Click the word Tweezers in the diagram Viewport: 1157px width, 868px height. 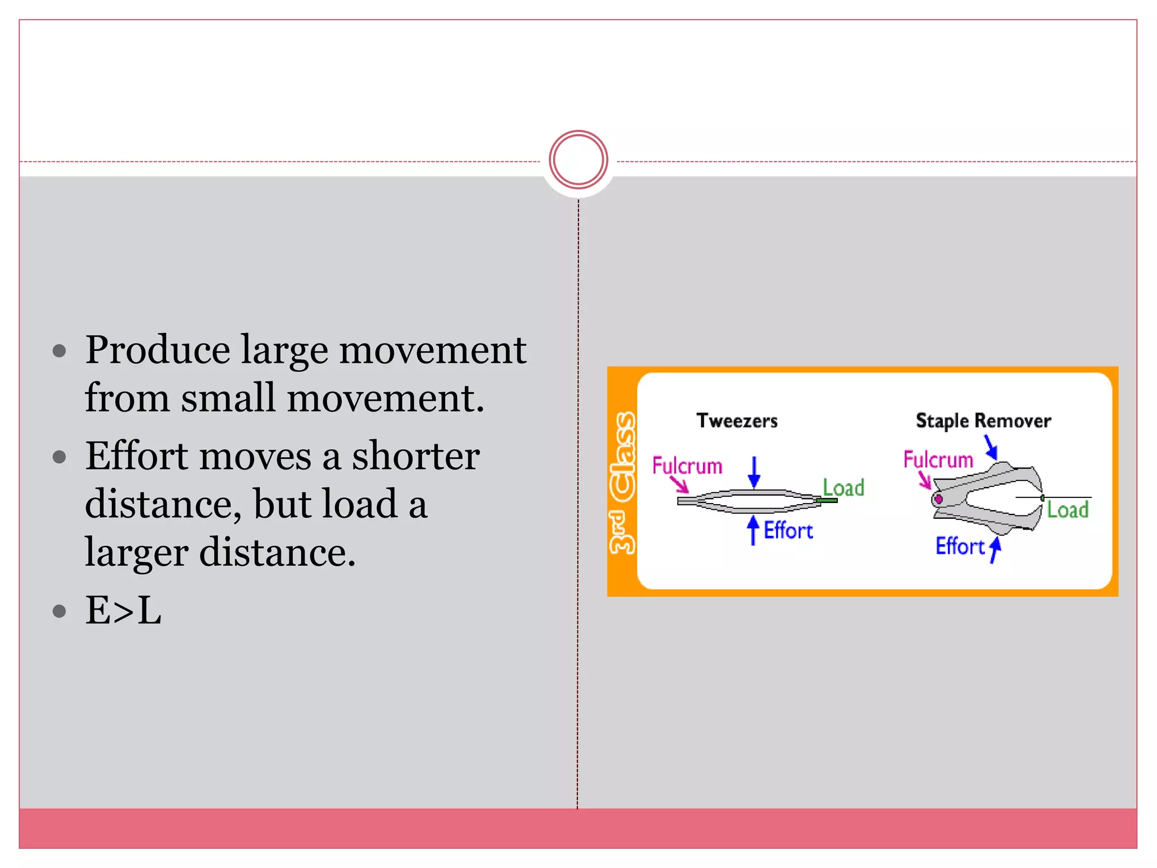[x=737, y=420]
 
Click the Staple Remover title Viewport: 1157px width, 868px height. [x=983, y=420]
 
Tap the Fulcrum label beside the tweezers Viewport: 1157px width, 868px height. [x=687, y=466]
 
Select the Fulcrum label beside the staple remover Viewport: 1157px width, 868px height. [x=938, y=459]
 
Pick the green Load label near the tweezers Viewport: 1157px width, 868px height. [x=843, y=487]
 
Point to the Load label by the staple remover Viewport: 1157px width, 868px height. [x=1067, y=510]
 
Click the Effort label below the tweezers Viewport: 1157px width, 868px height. [x=788, y=531]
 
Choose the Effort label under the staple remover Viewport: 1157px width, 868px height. [x=960, y=546]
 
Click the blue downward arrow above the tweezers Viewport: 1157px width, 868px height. [x=754, y=472]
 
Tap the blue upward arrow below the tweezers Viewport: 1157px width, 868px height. [x=753, y=530]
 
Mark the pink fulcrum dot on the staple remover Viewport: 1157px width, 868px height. [x=938, y=499]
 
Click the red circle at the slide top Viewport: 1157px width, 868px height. [x=578, y=159]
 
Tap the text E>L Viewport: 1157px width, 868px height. [x=123, y=610]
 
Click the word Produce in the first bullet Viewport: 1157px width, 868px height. [x=158, y=350]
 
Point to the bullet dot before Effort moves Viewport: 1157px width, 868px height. [x=59, y=457]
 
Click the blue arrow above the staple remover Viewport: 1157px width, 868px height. [x=991, y=446]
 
